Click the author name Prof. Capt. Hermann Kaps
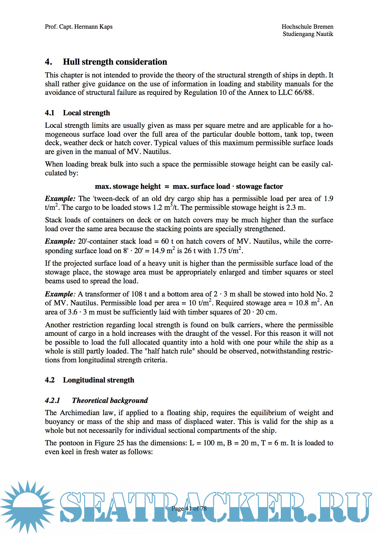point(79,27)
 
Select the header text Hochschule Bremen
point(307,27)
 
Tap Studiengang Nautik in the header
point(308,34)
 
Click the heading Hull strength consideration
point(115,62)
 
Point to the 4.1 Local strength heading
point(77,113)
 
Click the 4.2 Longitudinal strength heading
point(89,380)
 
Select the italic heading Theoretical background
point(110,400)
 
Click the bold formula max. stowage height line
point(189,186)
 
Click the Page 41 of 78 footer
point(189,508)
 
